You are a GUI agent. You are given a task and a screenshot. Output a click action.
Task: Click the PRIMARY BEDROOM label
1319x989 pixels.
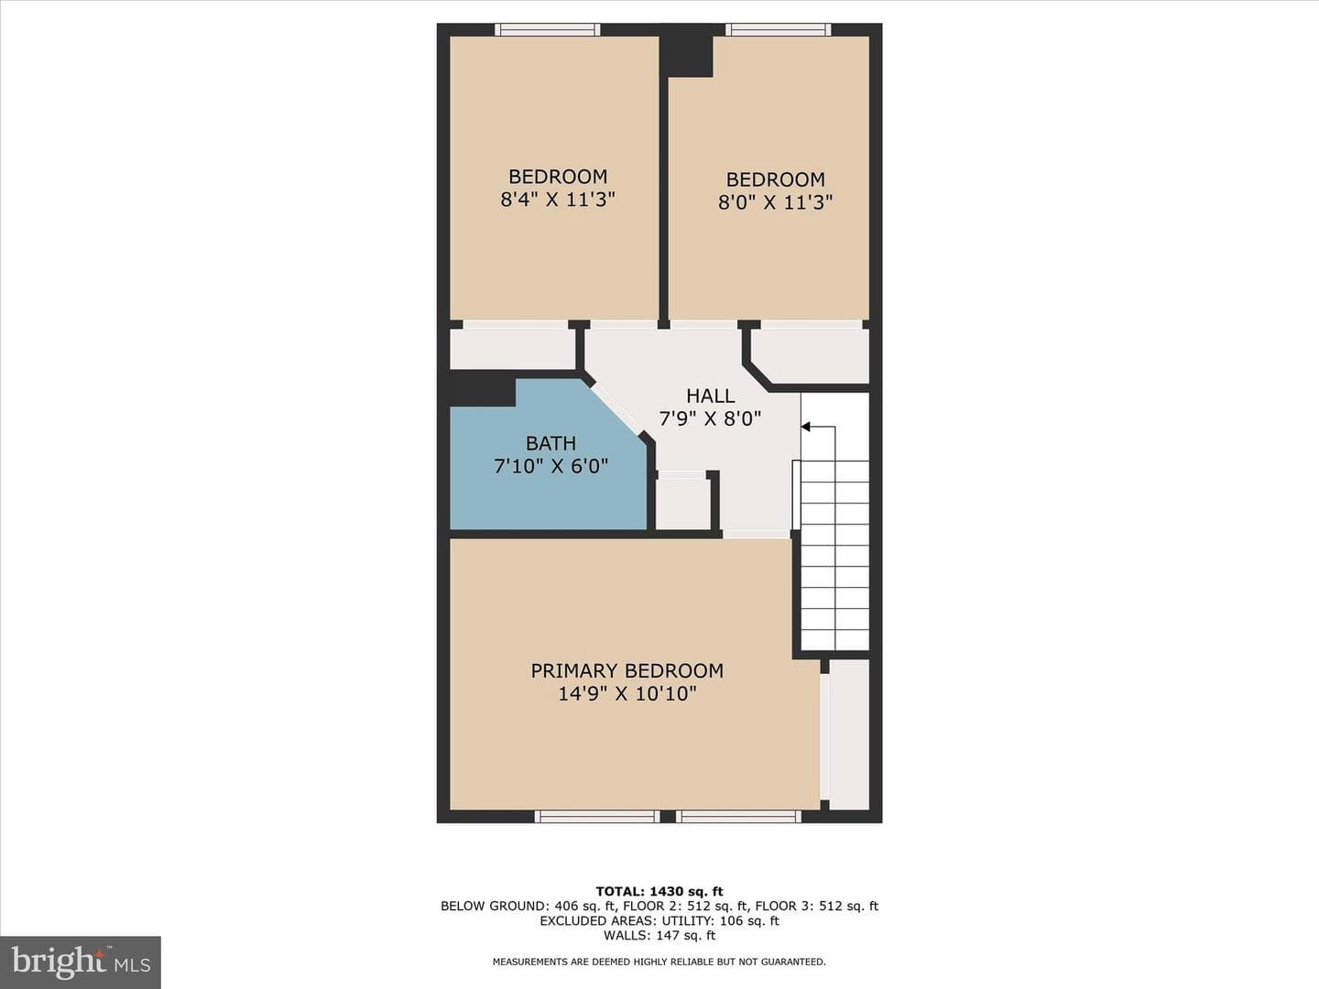pyautogui.click(x=627, y=670)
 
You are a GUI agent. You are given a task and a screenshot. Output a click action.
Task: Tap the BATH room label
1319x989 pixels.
pyautogui.click(x=550, y=443)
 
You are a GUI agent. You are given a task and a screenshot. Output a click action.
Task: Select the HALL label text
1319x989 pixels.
pyautogui.click(x=710, y=396)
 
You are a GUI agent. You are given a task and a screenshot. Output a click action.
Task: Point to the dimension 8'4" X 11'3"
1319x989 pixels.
pyautogui.click(x=558, y=199)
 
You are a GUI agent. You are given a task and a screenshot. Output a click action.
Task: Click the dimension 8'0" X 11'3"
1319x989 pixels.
pyautogui.click(x=775, y=201)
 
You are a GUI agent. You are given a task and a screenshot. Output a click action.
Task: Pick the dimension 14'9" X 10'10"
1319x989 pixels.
pyautogui.click(x=627, y=693)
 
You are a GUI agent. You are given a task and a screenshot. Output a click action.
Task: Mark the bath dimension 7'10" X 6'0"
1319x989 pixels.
pyautogui.click(x=551, y=466)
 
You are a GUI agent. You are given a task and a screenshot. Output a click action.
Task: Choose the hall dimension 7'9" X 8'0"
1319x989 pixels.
pyautogui.click(x=710, y=418)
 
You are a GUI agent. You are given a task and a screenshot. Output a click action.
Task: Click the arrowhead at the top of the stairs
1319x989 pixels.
pyautogui.click(x=806, y=427)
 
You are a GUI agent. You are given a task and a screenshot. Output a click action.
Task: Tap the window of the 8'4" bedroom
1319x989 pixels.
pyautogui.click(x=548, y=29)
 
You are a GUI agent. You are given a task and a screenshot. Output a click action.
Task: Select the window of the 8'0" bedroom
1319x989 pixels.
pyautogui.click(x=779, y=29)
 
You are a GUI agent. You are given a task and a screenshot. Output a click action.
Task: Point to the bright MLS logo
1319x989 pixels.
pyautogui.click(x=81, y=962)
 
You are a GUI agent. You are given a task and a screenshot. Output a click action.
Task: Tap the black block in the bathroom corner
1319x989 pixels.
pyautogui.click(x=483, y=388)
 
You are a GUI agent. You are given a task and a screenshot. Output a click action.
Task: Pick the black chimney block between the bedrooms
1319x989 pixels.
pyautogui.click(x=686, y=57)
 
